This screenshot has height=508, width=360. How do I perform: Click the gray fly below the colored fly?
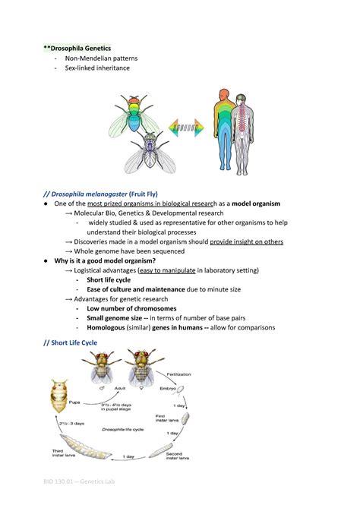tap(151, 153)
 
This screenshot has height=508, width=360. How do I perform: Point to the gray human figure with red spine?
tap(243, 129)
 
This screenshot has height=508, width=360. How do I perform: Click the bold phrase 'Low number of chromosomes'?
tap(131, 308)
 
